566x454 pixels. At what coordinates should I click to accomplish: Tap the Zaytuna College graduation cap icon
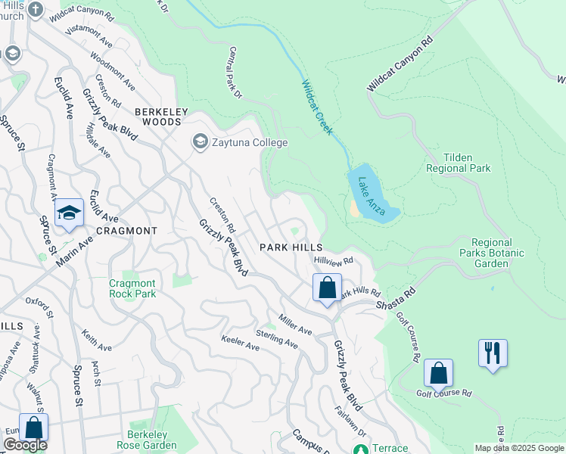(200, 141)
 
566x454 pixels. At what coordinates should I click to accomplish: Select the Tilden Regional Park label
(458, 161)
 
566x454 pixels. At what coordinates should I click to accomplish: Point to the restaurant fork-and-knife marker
(493, 353)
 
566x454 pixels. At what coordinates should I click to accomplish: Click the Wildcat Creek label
(318, 107)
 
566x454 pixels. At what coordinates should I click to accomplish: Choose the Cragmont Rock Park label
(132, 288)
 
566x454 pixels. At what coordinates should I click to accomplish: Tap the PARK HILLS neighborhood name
(291, 247)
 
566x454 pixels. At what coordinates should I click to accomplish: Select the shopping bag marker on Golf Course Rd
(438, 373)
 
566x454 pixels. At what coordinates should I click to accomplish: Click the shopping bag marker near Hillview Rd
(327, 288)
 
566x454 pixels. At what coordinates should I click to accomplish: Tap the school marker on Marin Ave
(69, 213)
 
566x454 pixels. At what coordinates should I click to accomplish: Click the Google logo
(25, 445)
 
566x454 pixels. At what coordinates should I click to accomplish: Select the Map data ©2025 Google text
(518, 448)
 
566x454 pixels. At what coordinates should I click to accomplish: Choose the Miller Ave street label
(295, 325)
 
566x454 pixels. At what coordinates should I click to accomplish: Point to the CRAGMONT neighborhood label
(126, 230)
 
